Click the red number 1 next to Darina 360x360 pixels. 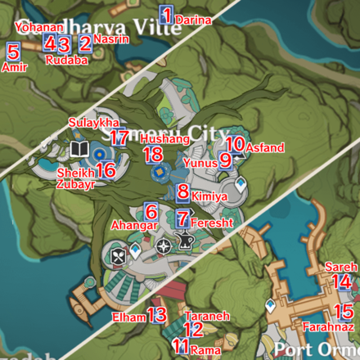tap(167, 16)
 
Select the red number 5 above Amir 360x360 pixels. tap(12, 52)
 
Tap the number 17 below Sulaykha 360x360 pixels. tap(119, 138)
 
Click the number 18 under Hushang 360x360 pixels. tap(152, 155)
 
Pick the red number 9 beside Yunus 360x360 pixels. tap(225, 161)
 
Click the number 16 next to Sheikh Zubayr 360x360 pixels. tap(106, 170)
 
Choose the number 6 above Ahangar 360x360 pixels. tap(151, 210)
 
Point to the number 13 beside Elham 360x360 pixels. tap(156, 315)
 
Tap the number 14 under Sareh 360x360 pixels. tap(343, 281)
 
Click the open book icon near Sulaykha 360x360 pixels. tap(79, 148)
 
